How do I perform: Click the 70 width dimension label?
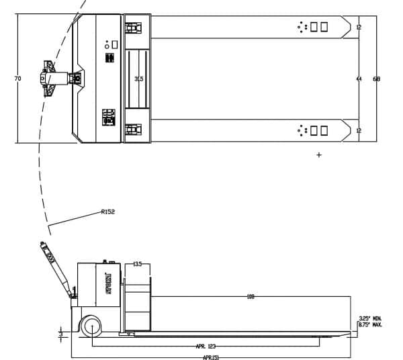click(17, 79)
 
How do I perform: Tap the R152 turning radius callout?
click(107, 212)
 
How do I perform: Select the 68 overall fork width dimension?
click(376, 79)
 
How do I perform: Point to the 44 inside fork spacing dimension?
click(359, 79)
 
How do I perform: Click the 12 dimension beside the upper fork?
click(359, 27)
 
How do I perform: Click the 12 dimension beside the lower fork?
click(359, 130)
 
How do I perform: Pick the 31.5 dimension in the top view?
click(138, 79)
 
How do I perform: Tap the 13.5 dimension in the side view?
click(137, 264)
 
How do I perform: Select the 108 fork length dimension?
click(251, 296)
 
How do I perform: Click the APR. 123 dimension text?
click(206, 346)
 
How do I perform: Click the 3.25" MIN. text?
click(370, 318)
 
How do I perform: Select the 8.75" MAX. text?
click(370, 324)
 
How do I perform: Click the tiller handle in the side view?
click(58, 269)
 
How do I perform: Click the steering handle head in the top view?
click(48, 79)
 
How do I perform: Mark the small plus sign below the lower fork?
click(319, 155)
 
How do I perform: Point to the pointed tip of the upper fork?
click(351, 27)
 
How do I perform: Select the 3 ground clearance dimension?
click(60, 332)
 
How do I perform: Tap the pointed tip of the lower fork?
click(351, 130)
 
